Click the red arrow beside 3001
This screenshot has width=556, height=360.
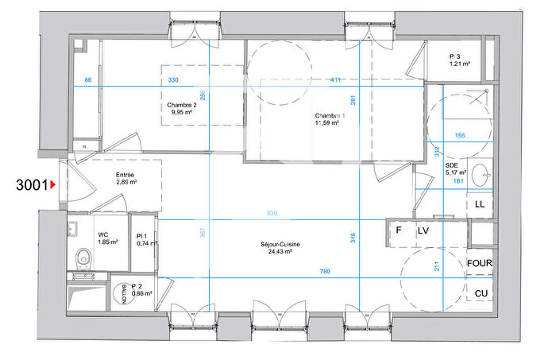[x=53, y=186]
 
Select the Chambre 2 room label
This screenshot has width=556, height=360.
[x=181, y=105]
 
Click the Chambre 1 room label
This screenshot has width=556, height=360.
[x=329, y=116]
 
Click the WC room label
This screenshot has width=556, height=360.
[x=103, y=235]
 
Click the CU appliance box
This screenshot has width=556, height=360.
[x=479, y=293]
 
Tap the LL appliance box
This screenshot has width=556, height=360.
[x=479, y=204]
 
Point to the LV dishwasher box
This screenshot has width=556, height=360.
[x=423, y=230]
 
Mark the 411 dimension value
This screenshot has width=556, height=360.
[x=337, y=81]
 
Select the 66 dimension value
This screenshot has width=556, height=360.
[x=88, y=81]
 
